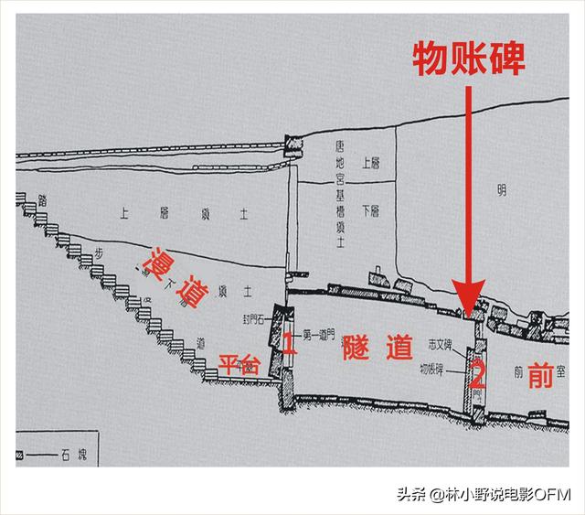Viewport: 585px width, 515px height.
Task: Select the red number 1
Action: click(286, 344)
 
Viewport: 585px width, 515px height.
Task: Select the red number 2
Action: click(476, 374)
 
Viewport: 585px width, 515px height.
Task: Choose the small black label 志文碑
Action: click(443, 347)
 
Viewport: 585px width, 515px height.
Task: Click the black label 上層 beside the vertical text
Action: click(370, 166)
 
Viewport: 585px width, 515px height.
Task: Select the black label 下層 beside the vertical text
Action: click(370, 210)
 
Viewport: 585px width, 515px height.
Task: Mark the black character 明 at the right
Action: click(501, 190)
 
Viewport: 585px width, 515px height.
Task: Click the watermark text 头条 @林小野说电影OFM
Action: click(483, 495)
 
